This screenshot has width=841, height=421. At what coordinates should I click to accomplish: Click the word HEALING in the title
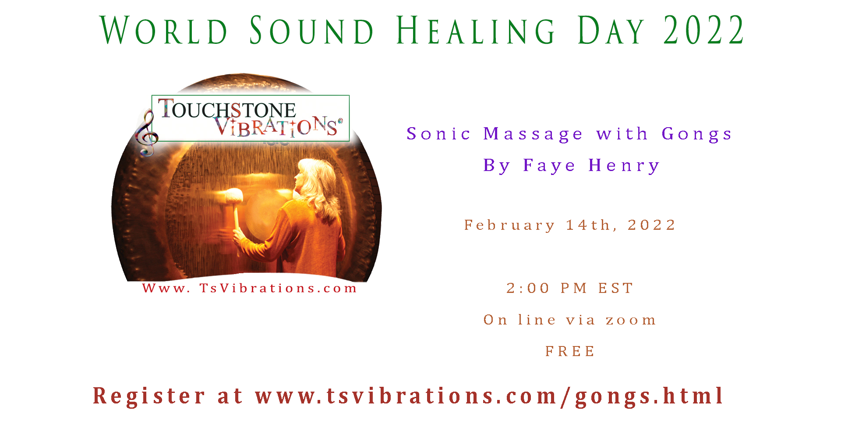point(476,30)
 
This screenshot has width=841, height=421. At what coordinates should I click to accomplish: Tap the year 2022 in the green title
point(703,30)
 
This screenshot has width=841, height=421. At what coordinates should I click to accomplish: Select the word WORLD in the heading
point(164,30)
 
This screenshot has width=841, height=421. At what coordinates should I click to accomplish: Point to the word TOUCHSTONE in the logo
point(227,109)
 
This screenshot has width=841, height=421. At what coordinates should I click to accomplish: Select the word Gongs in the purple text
point(697,134)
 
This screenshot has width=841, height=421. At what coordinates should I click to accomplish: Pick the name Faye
point(549,166)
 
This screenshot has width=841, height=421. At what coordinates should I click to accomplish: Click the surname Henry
point(624,166)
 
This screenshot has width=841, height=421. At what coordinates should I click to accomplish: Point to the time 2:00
point(528,288)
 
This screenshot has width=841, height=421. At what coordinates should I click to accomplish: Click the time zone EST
point(616,288)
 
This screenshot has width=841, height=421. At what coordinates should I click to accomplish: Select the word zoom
point(631,320)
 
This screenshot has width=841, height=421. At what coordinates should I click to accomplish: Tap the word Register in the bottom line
point(149,396)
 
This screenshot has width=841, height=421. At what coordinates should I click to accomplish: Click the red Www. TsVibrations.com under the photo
point(250,288)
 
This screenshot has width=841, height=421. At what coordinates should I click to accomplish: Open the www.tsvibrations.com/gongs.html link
point(489,396)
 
